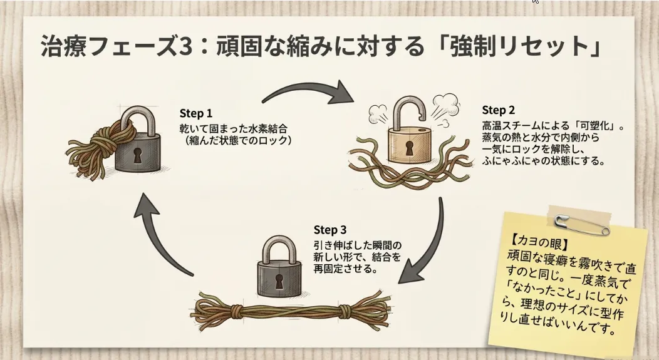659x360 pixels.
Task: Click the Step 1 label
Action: pos(195,114)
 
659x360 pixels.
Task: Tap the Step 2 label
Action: pos(498,110)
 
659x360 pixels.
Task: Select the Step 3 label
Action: pos(329,229)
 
